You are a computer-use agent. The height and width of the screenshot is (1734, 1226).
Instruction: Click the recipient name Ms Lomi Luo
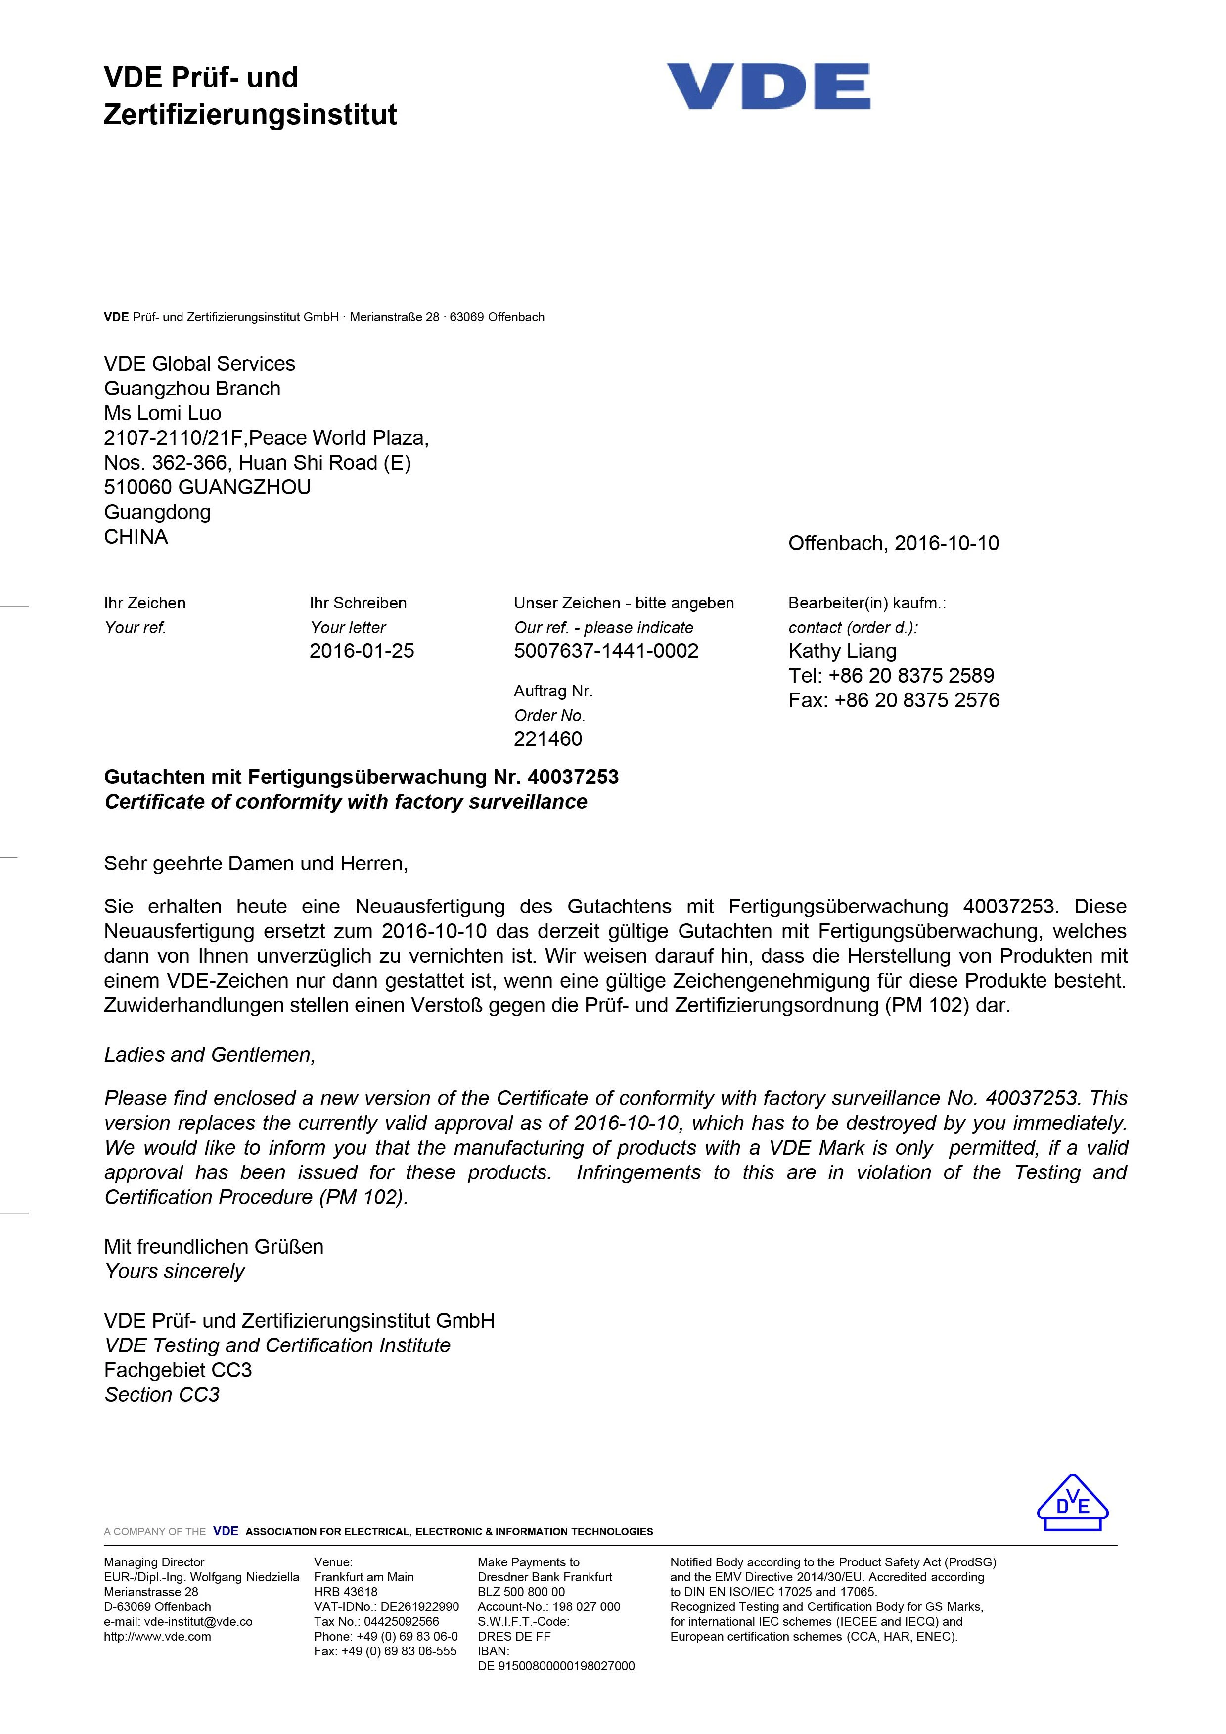pyautogui.click(x=162, y=413)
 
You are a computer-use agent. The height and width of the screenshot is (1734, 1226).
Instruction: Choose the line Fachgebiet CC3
pyautogui.click(x=178, y=1370)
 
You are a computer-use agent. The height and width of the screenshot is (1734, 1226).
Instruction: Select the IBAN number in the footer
pyautogui.click(x=556, y=1666)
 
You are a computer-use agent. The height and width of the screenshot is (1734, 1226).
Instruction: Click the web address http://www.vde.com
pyautogui.click(x=157, y=1637)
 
